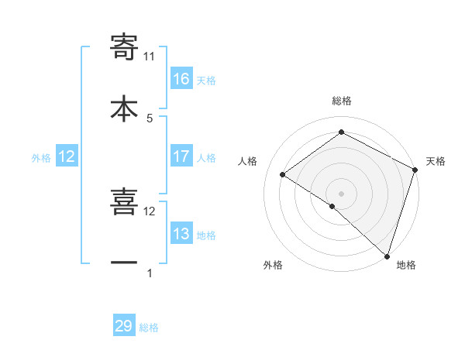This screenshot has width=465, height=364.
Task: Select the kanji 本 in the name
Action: click(x=124, y=108)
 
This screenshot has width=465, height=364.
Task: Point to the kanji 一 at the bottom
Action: click(x=124, y=263)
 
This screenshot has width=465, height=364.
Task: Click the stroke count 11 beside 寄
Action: click(x=150, y=56)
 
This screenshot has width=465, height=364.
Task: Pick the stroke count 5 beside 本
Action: click(x=150, y=118)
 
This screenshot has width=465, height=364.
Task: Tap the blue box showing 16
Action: click(x=181, y=79)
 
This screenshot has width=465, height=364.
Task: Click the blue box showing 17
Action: click(x=181, y=156)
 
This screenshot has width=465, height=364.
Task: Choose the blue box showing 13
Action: click(x=181, y=234)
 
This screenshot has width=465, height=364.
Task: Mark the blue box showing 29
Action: click(x=124, y=326)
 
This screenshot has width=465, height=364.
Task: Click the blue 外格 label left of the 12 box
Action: click(x=41, y=157)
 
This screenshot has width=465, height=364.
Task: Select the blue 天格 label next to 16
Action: click(x=206, y=80)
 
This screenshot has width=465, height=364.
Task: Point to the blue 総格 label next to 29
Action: click(x=149, y=328)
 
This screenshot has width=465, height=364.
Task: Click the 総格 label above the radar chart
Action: click(x=341, y=101)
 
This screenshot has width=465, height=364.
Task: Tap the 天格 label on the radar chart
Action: click(x=436, y=161)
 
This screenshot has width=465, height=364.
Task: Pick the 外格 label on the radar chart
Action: click(x=273, y=266)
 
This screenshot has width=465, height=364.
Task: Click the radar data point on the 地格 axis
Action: click(x=387, y=256)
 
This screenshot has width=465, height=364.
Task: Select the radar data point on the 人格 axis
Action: click(x=283, y=174)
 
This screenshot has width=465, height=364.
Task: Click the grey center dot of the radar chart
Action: click(x=341, y=193)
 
